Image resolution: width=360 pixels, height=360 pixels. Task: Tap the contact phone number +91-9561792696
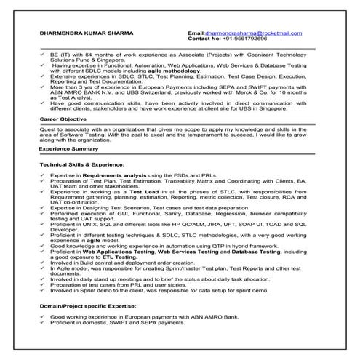244,39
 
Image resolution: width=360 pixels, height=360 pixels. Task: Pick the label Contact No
203,39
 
